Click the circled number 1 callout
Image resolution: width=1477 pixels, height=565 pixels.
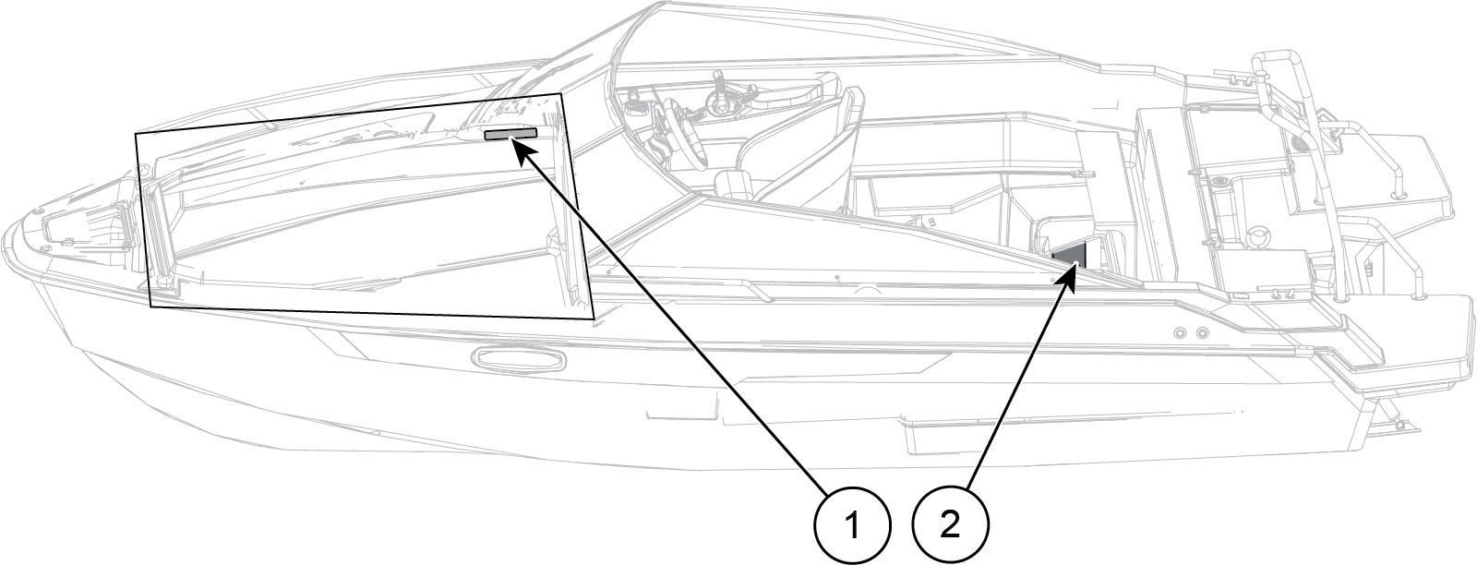(851, 526)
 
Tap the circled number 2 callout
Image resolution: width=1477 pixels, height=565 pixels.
(950, 526)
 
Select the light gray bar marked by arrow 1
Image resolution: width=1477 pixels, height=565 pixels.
(510, 135)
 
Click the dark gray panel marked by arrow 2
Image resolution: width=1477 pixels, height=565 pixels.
(1072, 253)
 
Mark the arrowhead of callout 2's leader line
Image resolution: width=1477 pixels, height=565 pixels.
(1074, 271)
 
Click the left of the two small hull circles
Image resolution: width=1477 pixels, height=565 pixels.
(1181, 331)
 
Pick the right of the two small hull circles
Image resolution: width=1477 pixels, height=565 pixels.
(1201, 332)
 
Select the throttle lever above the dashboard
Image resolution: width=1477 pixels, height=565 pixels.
(719, 92)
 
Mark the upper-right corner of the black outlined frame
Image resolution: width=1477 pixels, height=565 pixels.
(561, 93)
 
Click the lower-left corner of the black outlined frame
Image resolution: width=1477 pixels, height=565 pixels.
(150, 307)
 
